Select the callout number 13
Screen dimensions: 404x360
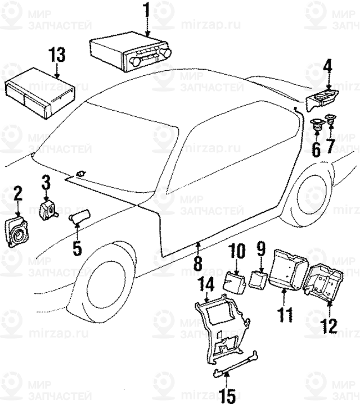[x=57, y=56]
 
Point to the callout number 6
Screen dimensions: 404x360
[x=316, y=149]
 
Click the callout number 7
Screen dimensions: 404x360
[x=331, y=148]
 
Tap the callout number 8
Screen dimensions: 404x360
[x=197, y=262]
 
